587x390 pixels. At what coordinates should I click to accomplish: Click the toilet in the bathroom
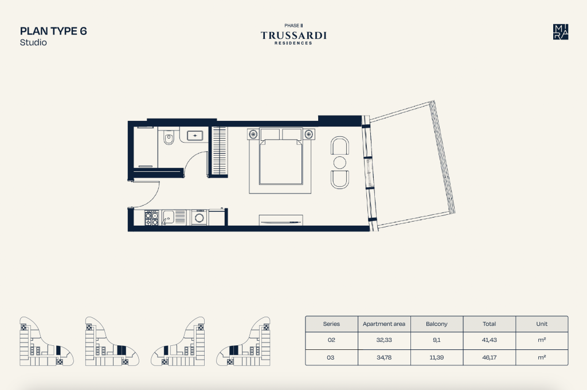(x=169, y=138)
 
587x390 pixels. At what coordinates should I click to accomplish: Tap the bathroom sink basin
(x=195, y=135)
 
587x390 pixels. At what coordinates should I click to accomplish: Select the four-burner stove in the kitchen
(x=151, y=218)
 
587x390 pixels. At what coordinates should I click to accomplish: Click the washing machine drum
(x=199, y=218)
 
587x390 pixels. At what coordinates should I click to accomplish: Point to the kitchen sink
(x=168, y=217)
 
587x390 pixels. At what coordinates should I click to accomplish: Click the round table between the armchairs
(x=339, y=163)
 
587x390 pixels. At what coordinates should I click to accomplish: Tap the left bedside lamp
(x=253, y=134)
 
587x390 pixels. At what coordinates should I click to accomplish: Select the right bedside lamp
(x=308, y=134)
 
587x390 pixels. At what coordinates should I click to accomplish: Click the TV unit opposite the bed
(x=281, y=220)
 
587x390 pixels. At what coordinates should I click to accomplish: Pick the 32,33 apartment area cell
(x=384, y=340)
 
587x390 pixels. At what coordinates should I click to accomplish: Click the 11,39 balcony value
(x=436, y=357)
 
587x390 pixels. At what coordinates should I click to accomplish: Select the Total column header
(x=490, y=324)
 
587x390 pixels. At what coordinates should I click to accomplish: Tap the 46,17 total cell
(x=490, y=357)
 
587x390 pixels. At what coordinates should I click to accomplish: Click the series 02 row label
(x=331, y=340)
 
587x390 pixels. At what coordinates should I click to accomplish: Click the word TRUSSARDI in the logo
(x=293, y=36)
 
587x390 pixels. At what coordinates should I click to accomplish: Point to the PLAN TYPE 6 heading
(x=53, y=31)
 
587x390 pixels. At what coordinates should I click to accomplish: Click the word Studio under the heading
(x=33, y=42)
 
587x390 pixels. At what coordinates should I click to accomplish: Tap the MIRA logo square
(x=561, y=31)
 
